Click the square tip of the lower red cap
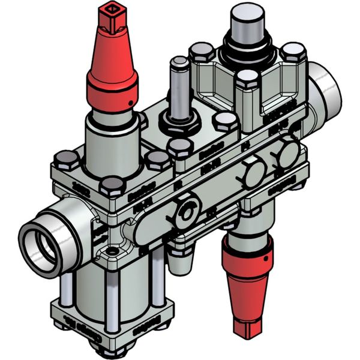[246, 328]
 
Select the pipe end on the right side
[327, 84]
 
